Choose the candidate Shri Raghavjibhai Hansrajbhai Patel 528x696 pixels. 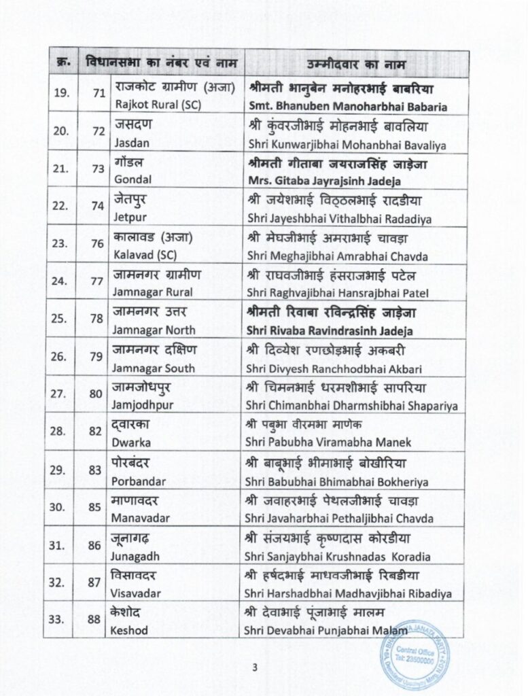coord(338,292)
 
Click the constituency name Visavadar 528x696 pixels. coord(137,593)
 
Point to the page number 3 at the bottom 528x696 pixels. coord(254,667)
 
